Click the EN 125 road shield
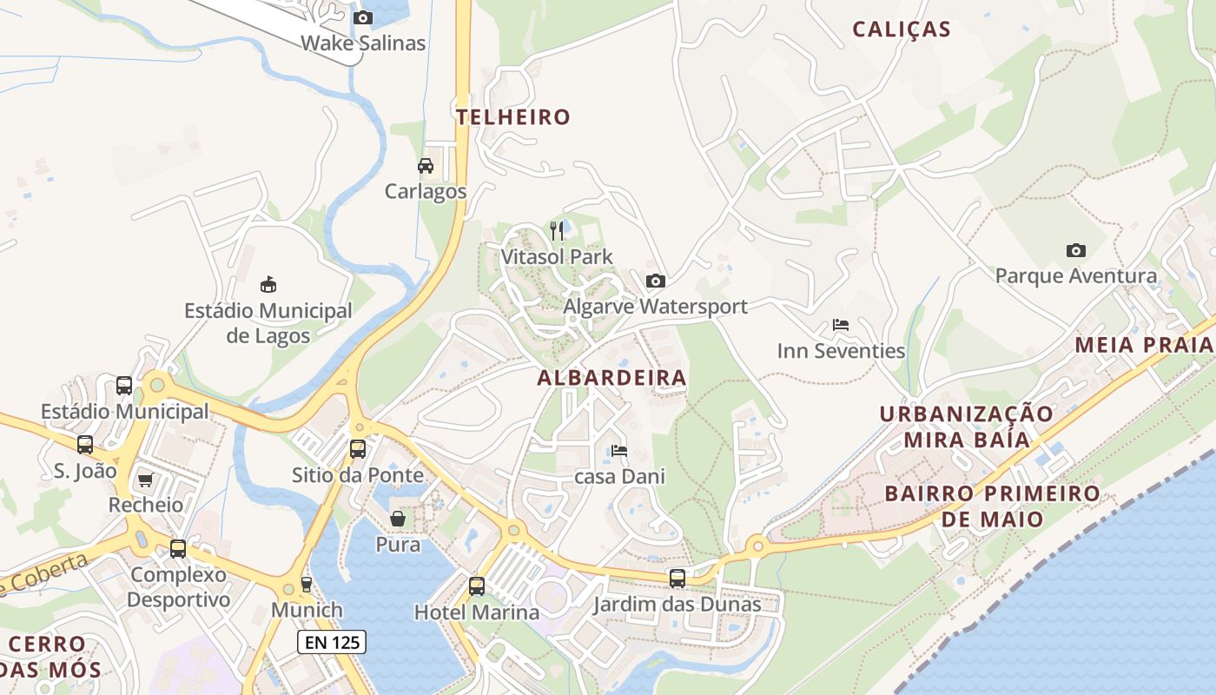(x=332, y=643)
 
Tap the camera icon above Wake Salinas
(x=363, y=17)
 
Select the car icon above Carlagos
(x=426, y=166)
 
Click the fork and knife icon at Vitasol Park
(x=557, y=230)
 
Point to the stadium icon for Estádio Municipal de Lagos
(x=268, y=284)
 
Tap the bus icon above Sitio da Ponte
(x=357, y=449)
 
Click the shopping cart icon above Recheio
(x=145, y=480)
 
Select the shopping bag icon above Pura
(x=398, y=519)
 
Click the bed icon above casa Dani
(x=619, y=451)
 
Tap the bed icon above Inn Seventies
(x=840, y=325)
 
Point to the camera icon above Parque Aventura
(x=1075, y=250)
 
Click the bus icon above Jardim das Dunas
(x=677, y=578)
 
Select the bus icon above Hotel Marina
(x=477, y=586)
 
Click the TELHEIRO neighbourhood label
(x=513, y=116)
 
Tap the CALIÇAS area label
(x=902, y=30)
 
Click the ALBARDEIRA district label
(x=611, y=378)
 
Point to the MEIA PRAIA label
(x=1143, y=345)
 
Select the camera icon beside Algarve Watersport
(x=656, y=281)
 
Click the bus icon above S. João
(x=85, y=445)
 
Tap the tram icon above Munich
(x=306, y=584)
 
